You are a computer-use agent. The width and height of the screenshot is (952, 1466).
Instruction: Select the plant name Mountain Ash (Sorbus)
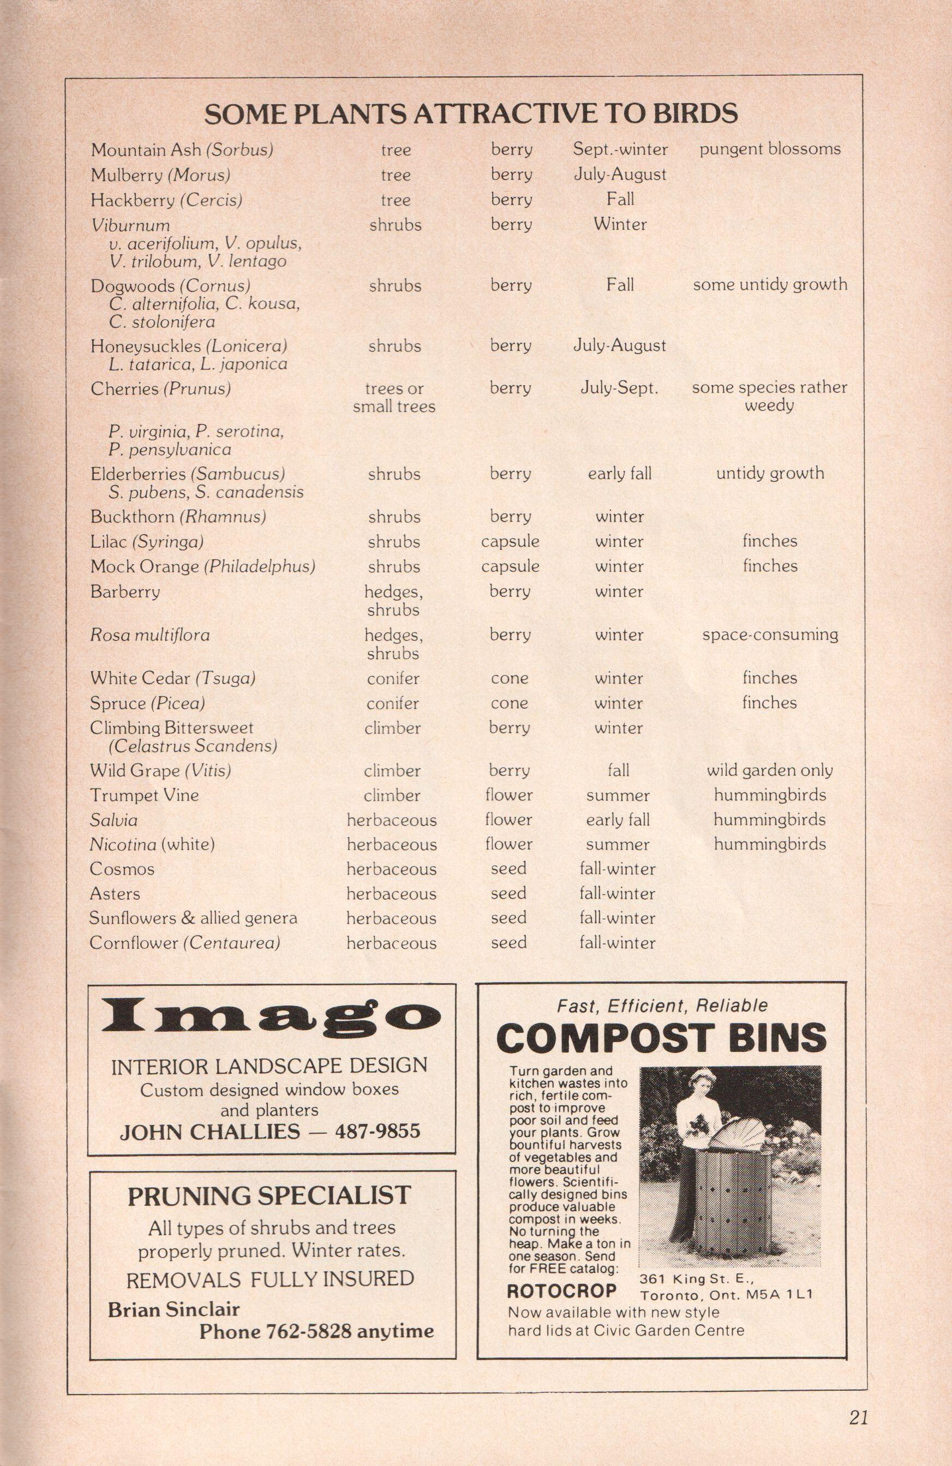pos(182,149)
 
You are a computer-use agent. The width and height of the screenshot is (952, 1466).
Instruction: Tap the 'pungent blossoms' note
pos(770,149)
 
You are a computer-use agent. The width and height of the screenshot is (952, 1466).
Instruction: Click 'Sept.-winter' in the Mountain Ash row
pos(620,149)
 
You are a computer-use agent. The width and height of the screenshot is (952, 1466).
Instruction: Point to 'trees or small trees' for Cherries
pos(394,397)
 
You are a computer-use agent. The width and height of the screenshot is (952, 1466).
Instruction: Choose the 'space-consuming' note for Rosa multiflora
pos(770,635)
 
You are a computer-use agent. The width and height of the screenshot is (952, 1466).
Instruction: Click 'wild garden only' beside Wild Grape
pos(770,770)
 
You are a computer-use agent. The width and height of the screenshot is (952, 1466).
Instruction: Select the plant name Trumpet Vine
pos(144,795)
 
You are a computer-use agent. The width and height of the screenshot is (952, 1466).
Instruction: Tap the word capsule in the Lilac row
pos(510,541)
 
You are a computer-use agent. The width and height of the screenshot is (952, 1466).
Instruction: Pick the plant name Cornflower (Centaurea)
pos(185,942)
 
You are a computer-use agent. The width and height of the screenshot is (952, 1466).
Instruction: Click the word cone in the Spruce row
pos(509,703)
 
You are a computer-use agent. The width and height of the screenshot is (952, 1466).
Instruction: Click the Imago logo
pos(271,1016)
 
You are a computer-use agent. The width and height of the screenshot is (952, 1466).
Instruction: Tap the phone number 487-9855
pos(378,1131)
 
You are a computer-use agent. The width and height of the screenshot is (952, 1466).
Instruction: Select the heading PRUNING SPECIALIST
pos(269,1195)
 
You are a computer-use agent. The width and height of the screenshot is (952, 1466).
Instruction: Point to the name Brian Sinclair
pos(173,1309)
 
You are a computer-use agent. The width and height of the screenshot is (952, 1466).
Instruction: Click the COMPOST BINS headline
pos(661,1038)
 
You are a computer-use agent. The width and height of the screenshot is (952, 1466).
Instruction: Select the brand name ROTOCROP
pos(561,1290)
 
